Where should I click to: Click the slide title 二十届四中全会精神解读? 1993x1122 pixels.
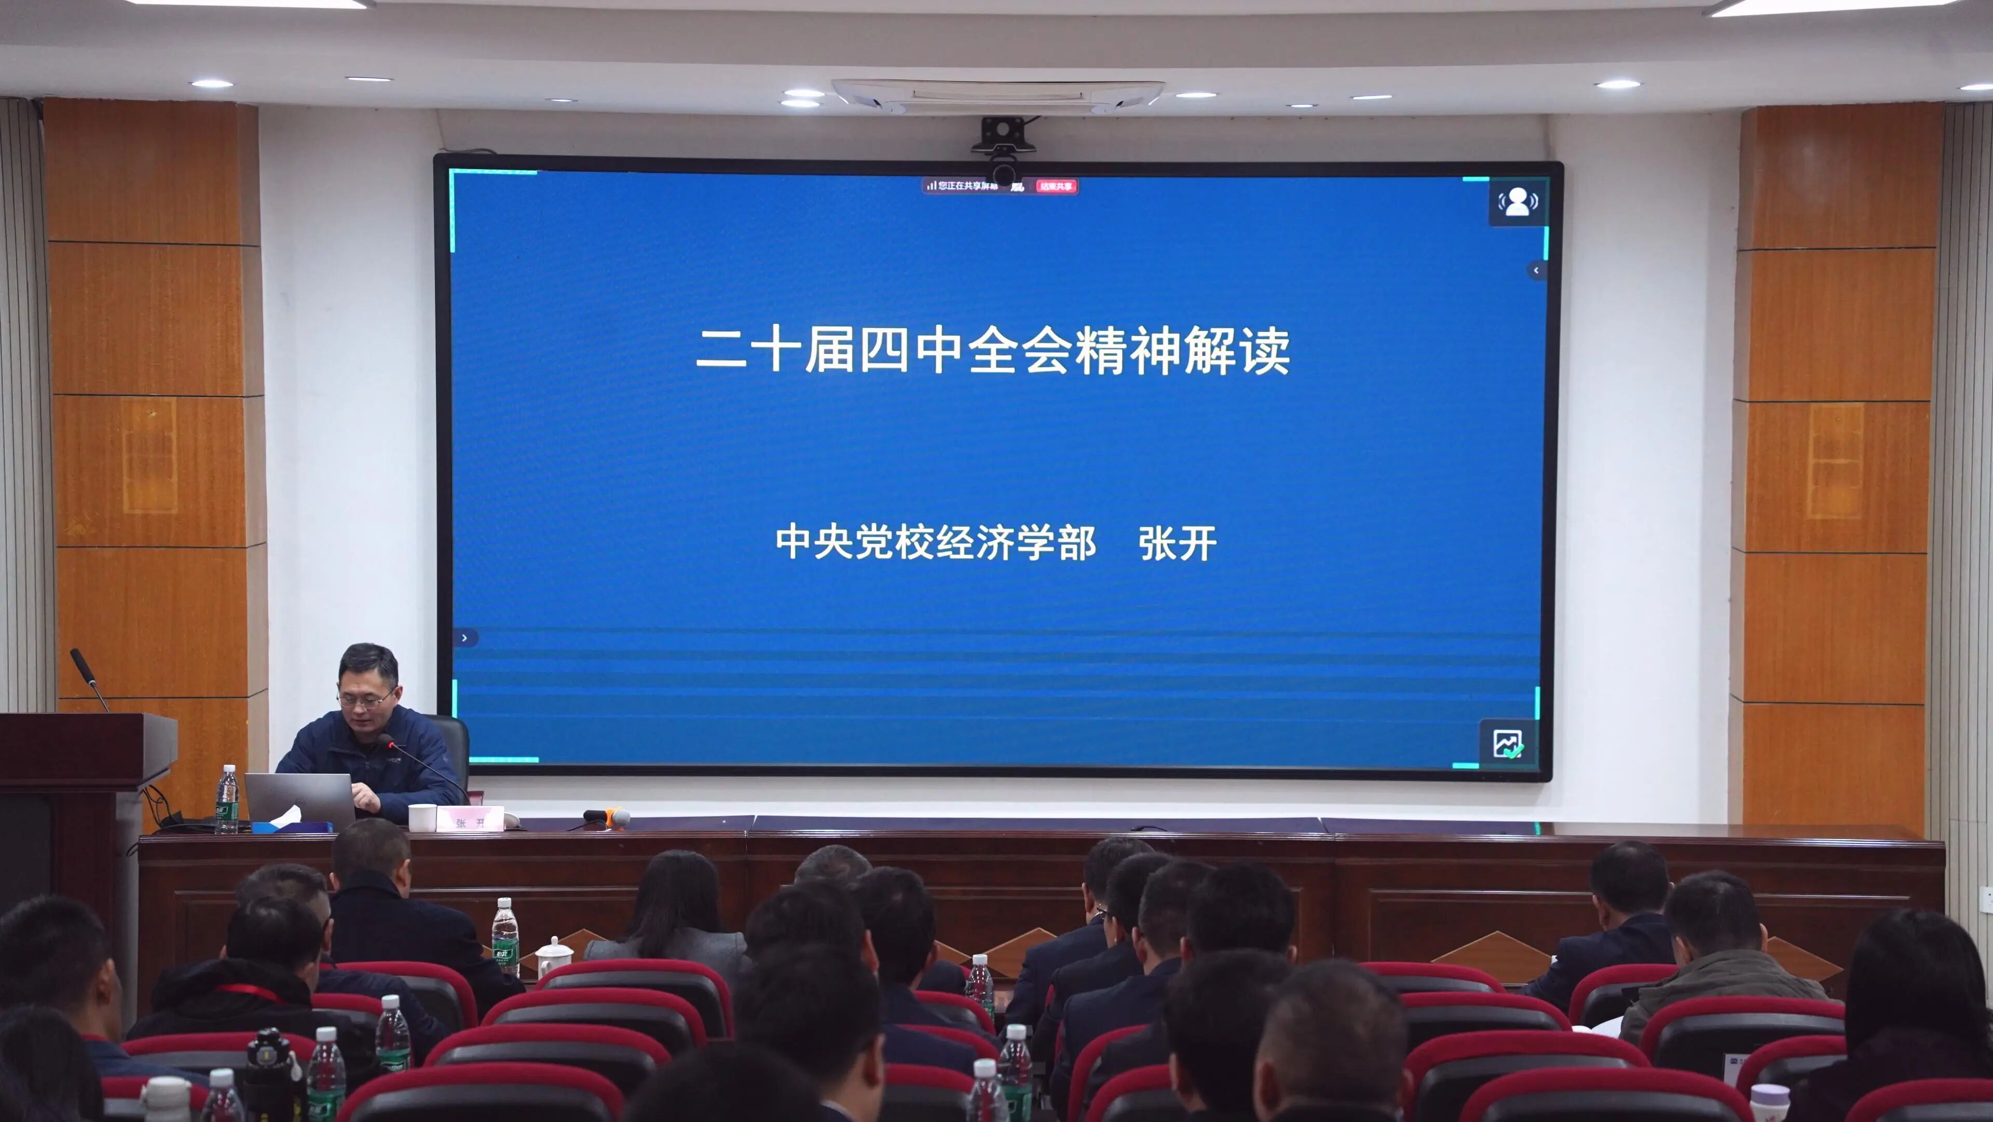pyautogui.click(x=993, y=350)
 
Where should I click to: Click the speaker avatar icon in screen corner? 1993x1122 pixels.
pyautogui.click(x=1517, y=202)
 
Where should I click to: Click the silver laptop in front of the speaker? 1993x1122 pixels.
pyautogui.click(x=300, y=797)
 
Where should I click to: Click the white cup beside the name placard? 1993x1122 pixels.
pyautogui.click(x=421, y=817)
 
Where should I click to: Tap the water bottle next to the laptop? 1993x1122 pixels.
pyautogui.click(x=227, y=801)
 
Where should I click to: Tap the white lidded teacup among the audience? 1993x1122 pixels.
pyautogui.click(x=554, y=958)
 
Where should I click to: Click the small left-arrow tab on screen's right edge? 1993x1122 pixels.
pyautogui.click(x=1536, y=270)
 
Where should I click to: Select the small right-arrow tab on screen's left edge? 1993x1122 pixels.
pyautogui.click(x=464, y=638)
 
